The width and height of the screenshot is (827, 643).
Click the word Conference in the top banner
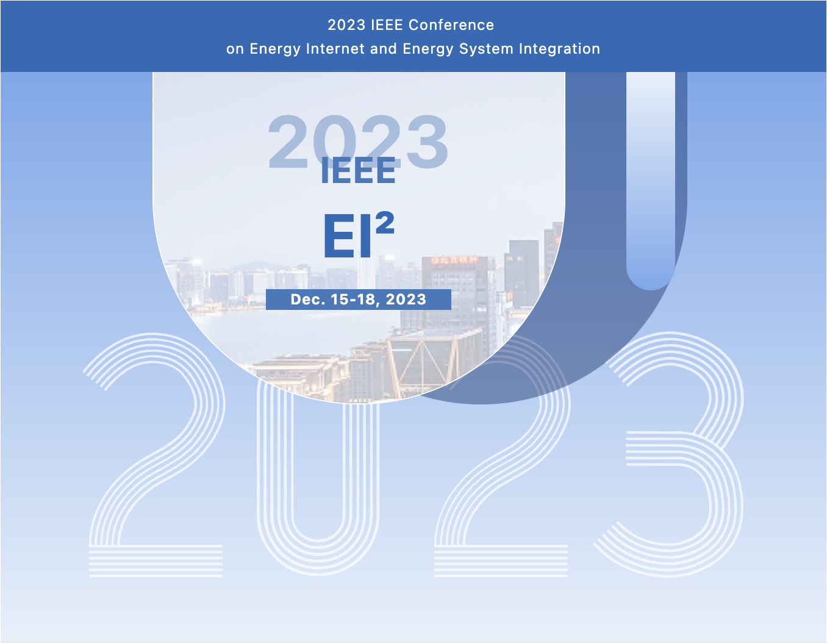(x=451, y=25)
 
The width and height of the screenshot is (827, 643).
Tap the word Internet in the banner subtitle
(x=335, y=49)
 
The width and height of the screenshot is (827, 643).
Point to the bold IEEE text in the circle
(x=358, y=171)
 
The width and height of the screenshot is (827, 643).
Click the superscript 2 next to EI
(x=385, y=223)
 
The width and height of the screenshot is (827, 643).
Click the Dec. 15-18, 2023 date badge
(x=358, y=299)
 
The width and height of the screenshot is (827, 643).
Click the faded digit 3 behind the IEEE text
(x=427, y=142)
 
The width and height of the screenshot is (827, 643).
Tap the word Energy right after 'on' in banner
(x=275, y=49)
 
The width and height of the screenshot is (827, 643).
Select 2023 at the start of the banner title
(x=346, y=25)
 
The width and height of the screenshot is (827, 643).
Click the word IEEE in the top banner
(x=387, y=25)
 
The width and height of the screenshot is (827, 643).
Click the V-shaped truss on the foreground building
(x=423, y=362)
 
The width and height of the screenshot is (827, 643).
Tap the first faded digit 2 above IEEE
(x=288, y=142)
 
